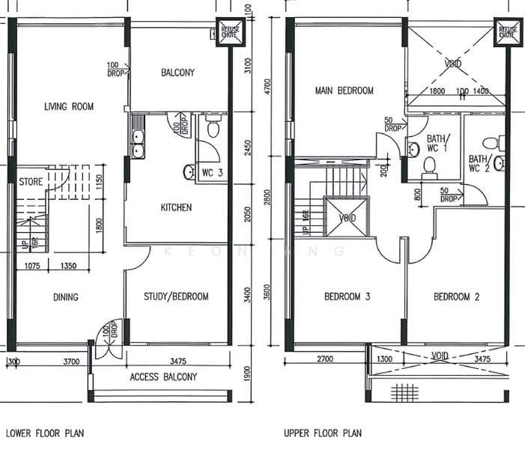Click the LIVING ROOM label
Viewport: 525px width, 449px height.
[x=68, y=107]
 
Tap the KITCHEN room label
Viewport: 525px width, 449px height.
[x=176, y=207]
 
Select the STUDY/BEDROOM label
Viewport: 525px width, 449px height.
[x=176, y=297]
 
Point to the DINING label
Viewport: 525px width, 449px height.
[x=65, y=297]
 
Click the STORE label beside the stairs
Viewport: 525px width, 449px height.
[x=31, y=181]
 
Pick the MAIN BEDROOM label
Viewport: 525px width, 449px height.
[x=344, y=91]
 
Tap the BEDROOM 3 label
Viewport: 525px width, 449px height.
[x=348, y=297]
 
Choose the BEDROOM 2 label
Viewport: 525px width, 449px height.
[x=457, y=297]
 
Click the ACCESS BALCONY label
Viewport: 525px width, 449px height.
[x=163, y=377]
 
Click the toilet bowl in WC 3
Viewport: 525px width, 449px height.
[x=212, y=129]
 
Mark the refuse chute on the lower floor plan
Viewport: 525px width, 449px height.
[x=228, y=32]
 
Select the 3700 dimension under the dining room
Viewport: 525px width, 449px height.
[x=70, y=361]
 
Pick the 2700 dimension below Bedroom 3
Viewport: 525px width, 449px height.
[x=325, y=360]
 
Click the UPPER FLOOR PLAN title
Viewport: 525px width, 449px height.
[x=322, y=433]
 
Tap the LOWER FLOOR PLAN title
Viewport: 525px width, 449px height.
[x=44, y=433]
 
